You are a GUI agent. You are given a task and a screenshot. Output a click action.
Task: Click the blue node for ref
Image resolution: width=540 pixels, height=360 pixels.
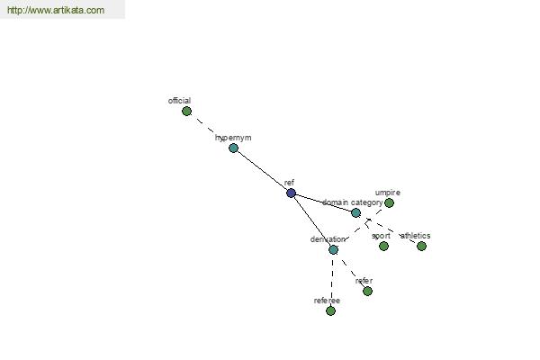[291, 193]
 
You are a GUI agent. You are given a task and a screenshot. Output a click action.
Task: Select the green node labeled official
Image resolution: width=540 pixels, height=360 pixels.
[186, 112]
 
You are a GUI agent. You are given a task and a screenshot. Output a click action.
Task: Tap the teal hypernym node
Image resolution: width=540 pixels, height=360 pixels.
[233, 148]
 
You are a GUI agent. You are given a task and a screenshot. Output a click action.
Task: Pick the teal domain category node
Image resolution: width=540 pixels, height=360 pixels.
[355, 213]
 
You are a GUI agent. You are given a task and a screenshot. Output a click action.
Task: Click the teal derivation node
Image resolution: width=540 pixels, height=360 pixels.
[333, 250]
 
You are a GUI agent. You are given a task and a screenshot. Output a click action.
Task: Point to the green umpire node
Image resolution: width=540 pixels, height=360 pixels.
[389, 202]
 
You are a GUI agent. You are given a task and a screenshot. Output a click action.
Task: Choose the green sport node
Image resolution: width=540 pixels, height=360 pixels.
[383, 246]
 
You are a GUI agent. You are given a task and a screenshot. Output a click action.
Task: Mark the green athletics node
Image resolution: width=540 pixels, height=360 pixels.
[421, 246]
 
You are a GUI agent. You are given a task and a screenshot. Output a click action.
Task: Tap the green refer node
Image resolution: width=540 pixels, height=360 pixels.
[367, 291]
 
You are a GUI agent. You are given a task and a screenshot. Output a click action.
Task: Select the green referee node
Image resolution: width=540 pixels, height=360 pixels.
[330, 310]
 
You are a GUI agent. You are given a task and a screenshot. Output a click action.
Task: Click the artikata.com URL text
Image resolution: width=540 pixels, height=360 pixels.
[56, 10]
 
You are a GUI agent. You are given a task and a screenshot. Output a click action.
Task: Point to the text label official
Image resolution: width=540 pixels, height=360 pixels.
[179, 101]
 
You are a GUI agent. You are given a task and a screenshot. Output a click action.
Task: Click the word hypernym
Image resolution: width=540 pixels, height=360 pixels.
[233, 138]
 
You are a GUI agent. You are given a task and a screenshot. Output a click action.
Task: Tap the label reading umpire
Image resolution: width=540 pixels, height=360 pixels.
[388, 193]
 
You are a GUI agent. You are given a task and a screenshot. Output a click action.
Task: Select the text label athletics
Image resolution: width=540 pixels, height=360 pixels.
[415, 236]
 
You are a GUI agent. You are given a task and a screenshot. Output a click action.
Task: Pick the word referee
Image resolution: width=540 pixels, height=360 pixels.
[327, 301]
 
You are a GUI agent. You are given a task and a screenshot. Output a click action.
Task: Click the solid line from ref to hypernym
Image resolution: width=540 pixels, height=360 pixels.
[262, 170]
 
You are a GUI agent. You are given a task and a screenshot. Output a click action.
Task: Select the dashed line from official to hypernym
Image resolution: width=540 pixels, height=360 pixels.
[210, 130]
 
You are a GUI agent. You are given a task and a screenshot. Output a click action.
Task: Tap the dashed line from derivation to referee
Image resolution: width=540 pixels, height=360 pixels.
[332, 280]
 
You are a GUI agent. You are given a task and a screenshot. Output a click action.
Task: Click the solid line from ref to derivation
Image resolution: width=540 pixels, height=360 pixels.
[312, 221]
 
